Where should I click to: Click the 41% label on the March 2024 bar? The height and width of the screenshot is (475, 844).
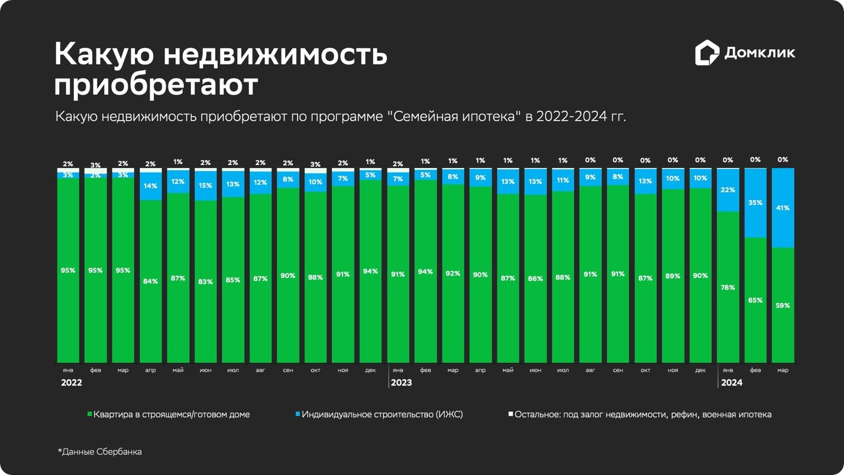tap(782, 208)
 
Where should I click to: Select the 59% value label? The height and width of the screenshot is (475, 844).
tap(782, 306)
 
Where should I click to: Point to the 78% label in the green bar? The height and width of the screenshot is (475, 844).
tap(727, 287)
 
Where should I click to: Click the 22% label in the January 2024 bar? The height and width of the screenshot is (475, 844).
tap(727, 190)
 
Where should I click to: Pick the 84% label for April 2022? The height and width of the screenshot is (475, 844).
tap(150, 282)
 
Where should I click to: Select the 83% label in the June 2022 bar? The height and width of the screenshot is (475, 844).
tap(205, 282)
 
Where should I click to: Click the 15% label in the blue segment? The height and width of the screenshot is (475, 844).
tap(205, 186)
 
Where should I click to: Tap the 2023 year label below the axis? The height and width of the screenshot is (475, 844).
tap(401, 383)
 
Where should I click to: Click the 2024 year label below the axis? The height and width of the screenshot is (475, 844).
tap(732, 383)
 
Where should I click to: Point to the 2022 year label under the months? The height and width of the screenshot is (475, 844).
tap(72, 383)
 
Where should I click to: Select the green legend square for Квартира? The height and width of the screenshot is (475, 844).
tap(90, 415)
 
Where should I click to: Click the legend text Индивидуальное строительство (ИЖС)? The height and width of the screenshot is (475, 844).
tap(382, 415)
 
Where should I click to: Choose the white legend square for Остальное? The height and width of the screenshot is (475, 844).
tap(511, 414)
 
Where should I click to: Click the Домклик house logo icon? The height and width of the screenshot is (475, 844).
tap(707, 53)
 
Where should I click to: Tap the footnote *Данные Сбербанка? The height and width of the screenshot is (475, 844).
tap(99, 452)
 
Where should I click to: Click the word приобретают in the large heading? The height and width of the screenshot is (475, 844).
tap(156, 85)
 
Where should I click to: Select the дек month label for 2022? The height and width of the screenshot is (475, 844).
tap(370, 370)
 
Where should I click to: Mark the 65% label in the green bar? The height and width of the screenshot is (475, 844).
tap(755, 300)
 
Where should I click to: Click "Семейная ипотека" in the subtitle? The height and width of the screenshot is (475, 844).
tap(454, 116)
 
